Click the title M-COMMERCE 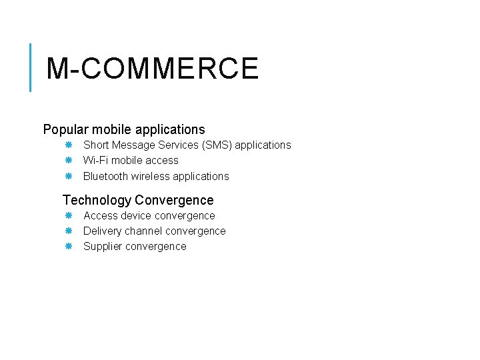coord(153,69)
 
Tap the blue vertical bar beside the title coord(31,67)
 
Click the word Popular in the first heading coord(66,129)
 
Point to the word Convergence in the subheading coord(174,200)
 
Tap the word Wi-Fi coord(95,161)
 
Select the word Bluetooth coord(105,177)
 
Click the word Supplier coord(103,247)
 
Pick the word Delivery coord(103,231)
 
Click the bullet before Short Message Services coord(68,145)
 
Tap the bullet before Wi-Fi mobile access coord(68,160)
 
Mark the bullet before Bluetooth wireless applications coord(68,176)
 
